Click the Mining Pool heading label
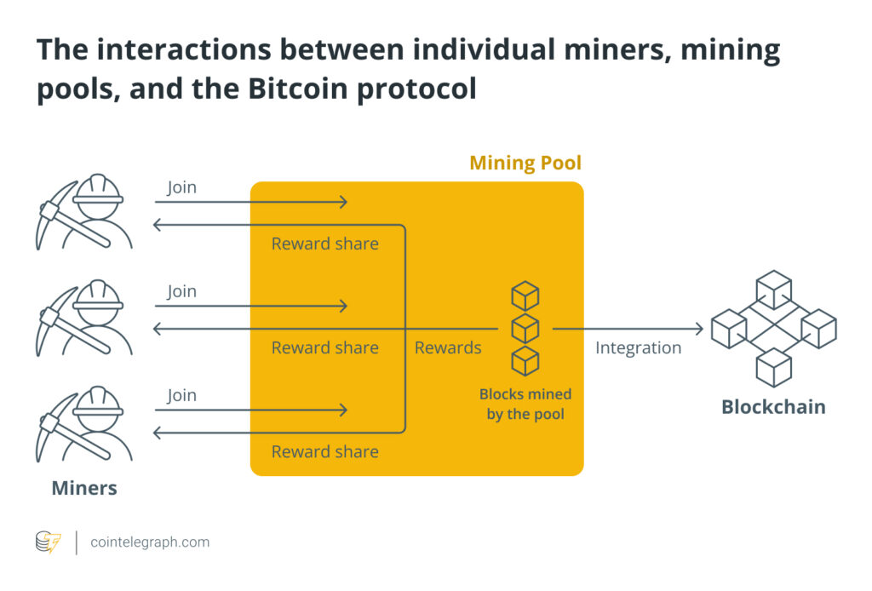525,163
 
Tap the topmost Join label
181,187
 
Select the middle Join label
181,291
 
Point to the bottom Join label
181,395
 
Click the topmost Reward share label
324,244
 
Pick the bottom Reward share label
324,451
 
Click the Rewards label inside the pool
448,347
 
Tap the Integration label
638,347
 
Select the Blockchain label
773,407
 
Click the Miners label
84,488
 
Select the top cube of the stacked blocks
525,296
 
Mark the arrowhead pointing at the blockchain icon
698,329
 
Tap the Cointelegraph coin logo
48,542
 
